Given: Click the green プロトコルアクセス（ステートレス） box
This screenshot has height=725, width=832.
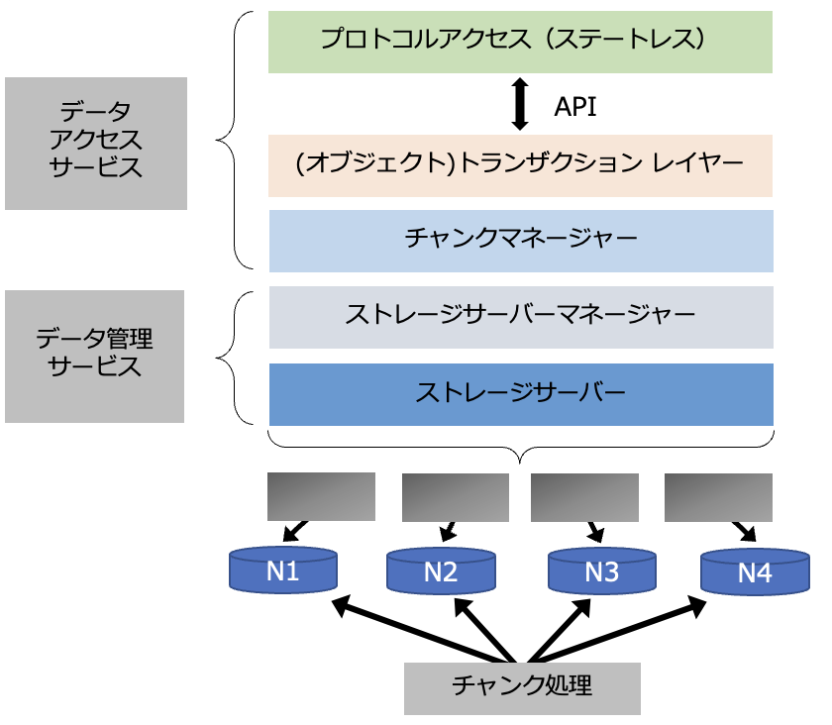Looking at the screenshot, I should (520, 42).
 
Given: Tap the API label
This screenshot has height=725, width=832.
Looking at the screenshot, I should (575, 107).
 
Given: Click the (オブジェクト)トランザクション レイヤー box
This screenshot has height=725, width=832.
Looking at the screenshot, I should (520, 164).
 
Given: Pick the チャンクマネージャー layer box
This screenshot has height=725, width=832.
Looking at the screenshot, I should (520, 240).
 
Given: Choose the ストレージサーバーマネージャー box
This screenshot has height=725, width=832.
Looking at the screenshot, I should (520, 317).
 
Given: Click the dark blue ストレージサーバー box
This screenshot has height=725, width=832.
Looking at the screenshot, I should (520, 394).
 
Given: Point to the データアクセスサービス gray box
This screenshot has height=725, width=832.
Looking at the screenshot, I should (95, 143).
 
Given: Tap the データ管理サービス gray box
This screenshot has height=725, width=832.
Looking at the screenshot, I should (95, 356).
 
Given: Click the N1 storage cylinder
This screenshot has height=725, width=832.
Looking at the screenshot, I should (283, 571).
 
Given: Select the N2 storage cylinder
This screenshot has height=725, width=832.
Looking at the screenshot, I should (440, 572).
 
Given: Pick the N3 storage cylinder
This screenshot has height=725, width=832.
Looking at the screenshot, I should (601, 572).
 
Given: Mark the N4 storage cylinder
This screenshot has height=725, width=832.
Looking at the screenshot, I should (755, 572).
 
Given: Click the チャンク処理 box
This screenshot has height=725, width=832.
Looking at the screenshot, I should (522, 685).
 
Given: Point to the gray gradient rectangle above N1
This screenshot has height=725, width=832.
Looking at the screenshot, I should (321, 495).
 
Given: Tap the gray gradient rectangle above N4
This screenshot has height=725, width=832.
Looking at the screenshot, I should (718, 496).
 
